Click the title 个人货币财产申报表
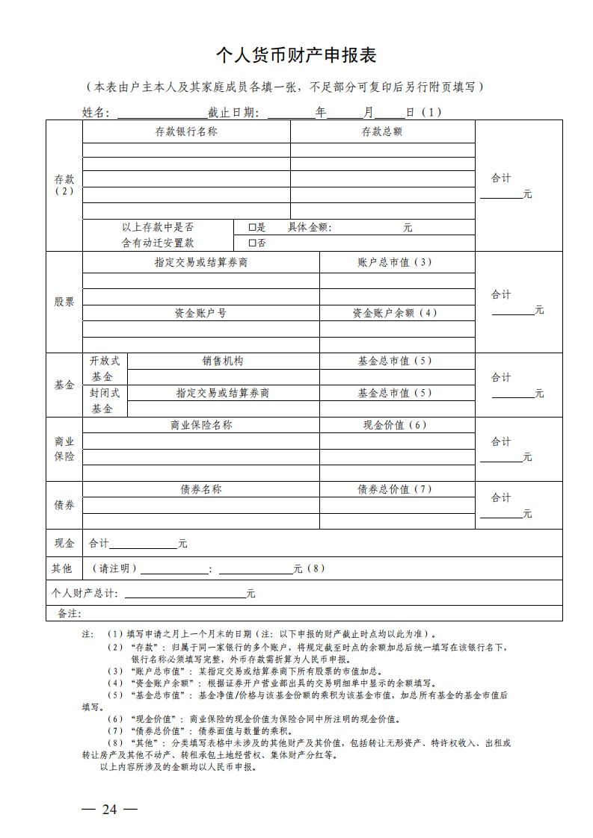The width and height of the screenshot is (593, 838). pyautogui.click(x=296, y=55)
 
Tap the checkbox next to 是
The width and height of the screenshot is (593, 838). pyautogui.click(x=252, y=228)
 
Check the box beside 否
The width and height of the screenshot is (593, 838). pyautogui.click(x=252, y=243)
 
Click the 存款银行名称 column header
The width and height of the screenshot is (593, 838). pyautogui.click(x=186, y=132)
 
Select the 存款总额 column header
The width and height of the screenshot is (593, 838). pyautogui.click(x=382, y=132)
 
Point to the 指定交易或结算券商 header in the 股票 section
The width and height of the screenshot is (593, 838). pyautogui.click(x=201, y=263)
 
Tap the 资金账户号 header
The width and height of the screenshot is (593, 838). pyautogui.click(x=200, y=313)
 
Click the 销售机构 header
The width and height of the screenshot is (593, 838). pyautogui.click(x=223, y=361)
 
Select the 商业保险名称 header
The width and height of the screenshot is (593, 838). pyautogui.click(x=201, y=425)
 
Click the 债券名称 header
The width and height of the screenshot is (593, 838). pyautogui.click(x=201, y=489)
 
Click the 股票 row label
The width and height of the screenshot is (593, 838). pyautogui.click(x=64, y=302)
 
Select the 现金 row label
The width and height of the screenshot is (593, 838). pyautogui.click(x=64, y=543)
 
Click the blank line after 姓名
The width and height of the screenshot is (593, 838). pyautogui.click(x=161, y=114)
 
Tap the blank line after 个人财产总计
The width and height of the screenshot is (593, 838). pyautogui.click(x=185, y=594)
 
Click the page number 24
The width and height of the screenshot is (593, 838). pyautogui.click(x=110, y=810)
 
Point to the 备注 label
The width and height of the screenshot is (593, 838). pyautogui.click(x=69, y=613)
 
